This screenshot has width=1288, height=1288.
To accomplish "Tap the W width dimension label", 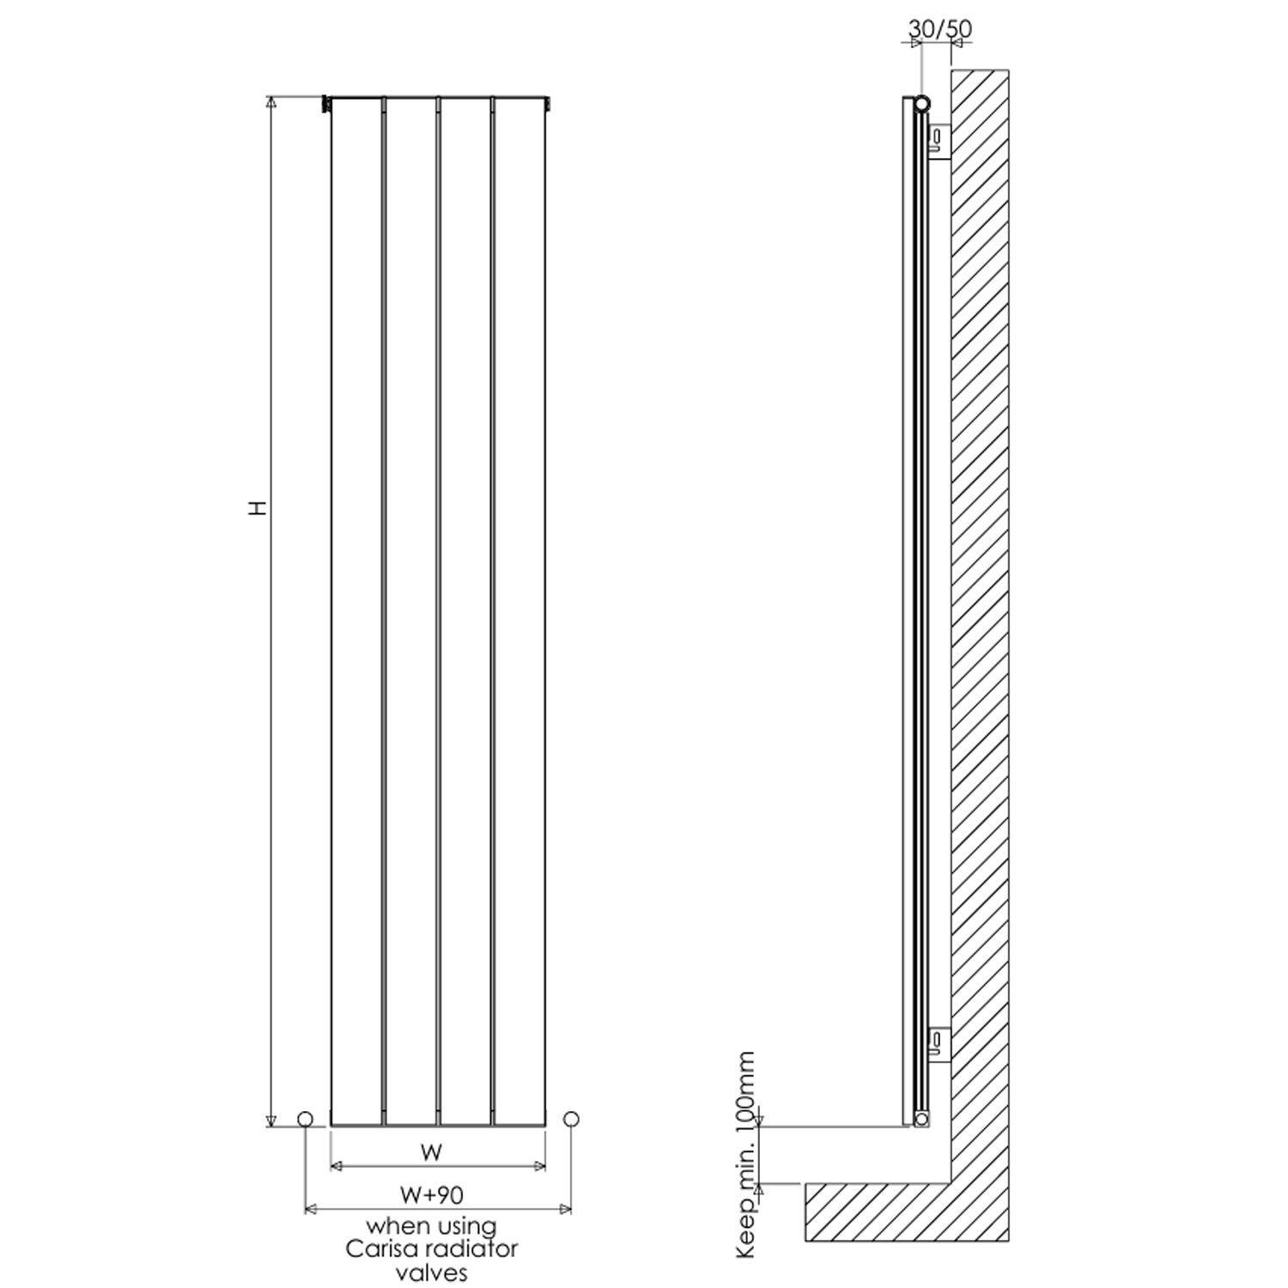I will click(432, 1152).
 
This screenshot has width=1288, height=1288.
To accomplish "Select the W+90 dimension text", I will click(432, 1194).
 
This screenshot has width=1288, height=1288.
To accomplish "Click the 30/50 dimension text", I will click(940, 29).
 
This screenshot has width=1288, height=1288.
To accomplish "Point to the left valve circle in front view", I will click(305, 1119).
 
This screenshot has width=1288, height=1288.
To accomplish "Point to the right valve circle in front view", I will click(571, 1119).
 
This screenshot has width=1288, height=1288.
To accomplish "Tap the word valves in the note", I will click(432, 1272).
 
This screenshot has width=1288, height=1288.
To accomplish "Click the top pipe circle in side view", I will click(922, 104).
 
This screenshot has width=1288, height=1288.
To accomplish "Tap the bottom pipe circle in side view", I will click(922, 1118).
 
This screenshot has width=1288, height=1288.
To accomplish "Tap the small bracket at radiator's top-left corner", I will click(325, 104).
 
